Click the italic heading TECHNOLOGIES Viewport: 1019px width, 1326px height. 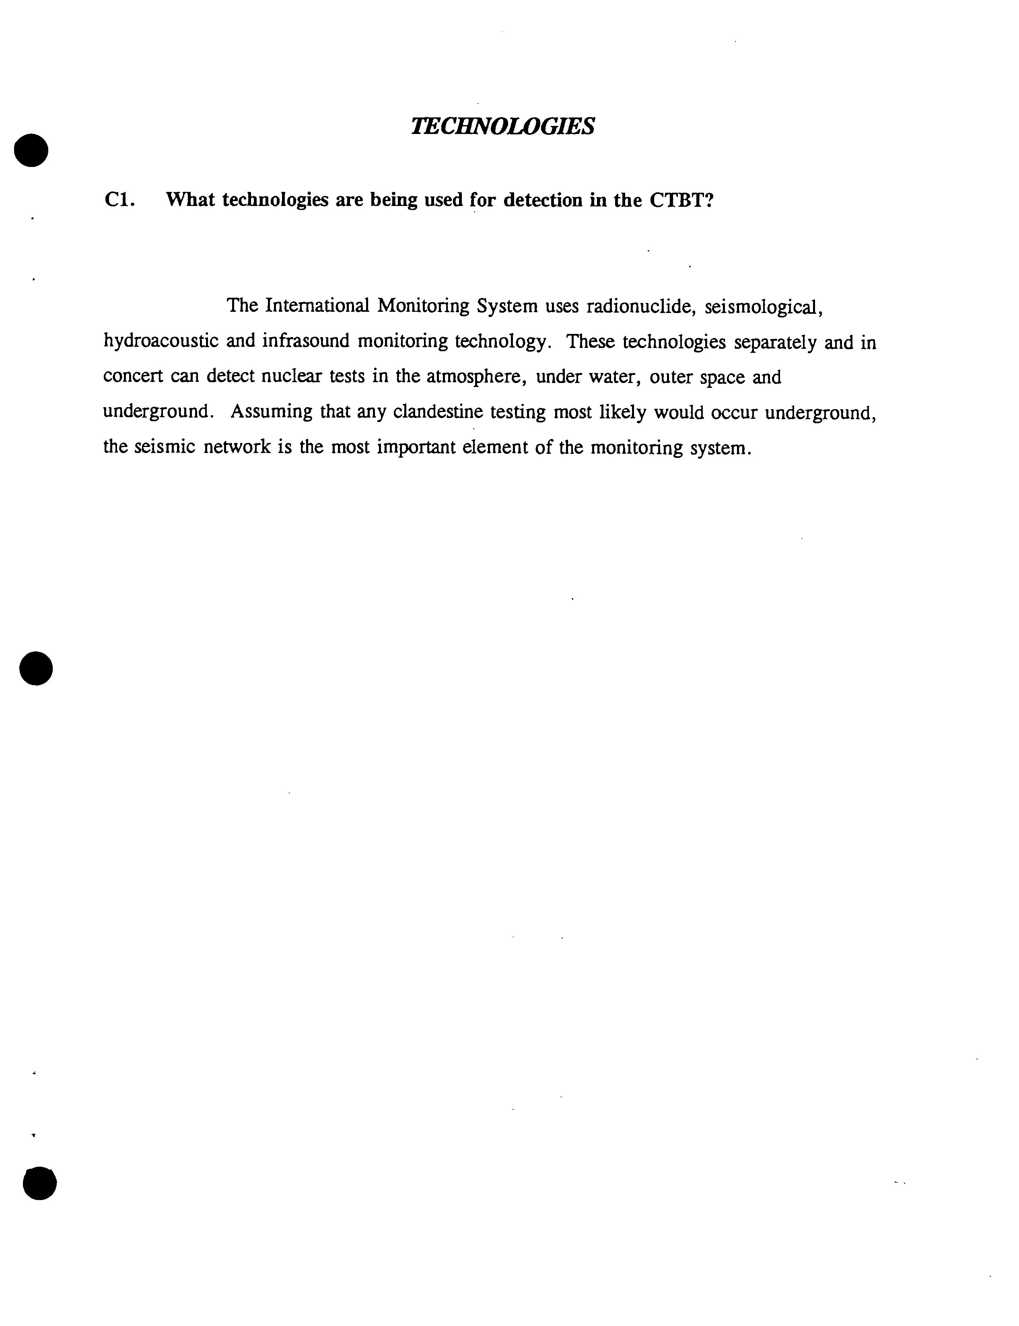pyautogui.click(x=502, y=126)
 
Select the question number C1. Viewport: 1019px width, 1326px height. pyautogui.click(x=119, y=200)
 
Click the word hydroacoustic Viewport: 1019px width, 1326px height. pyautogui.click(x=161, y=341)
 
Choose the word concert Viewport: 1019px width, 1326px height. pyautogui.click(x=133, y=377)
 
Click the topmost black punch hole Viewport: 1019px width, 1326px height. pyautogui.click(x=31, y=150)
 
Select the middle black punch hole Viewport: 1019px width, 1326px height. pyautogui.click(x=36, y=669)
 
